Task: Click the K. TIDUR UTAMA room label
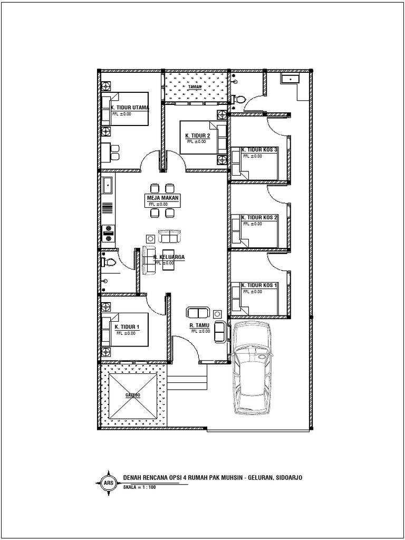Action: click(x=130, y=108)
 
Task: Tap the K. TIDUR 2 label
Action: click(x=198, y=136)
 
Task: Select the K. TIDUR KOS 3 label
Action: click(x=259, y=150)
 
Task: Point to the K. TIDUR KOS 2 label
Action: click(x=259, y=217)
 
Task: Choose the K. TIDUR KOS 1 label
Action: click(x=259, y=285)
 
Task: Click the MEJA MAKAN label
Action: click(x=163, y=198)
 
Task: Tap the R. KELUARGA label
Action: click(x=169, y=258)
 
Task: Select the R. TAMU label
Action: click(x=200, y=325)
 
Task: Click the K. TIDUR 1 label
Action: click(x=127, y=327)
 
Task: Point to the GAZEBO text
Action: click(x=132, y=394)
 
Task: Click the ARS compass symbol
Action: click(x=108, y=482)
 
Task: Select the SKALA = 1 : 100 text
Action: click(x=139, y=487)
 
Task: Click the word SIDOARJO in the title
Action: click(x=287, y=478)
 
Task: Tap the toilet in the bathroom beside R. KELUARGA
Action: click(x=110, y=261)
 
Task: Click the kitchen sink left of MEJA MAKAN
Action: click(x=108, y=185)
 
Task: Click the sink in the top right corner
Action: click(x=290, y=79)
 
